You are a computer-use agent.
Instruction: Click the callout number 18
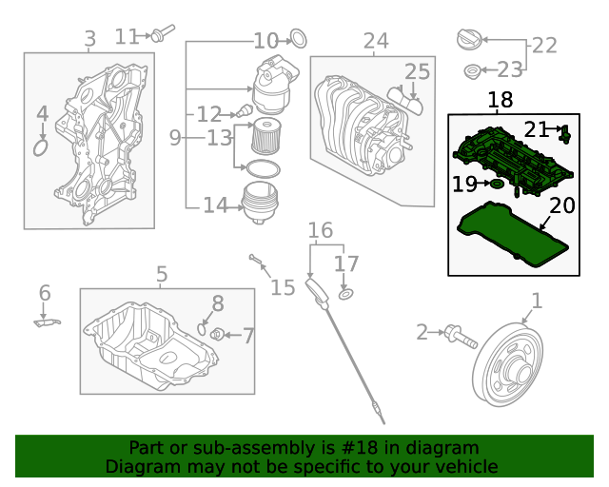(500, 100)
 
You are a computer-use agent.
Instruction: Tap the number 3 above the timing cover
(89, 39)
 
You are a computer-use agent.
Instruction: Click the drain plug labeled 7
(217, 334)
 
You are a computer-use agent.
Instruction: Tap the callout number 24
(376, 41)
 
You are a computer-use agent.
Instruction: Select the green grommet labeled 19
(496, 184)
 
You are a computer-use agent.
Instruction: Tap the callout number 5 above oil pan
(161, 274)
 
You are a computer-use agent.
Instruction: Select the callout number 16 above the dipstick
(320, 230)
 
